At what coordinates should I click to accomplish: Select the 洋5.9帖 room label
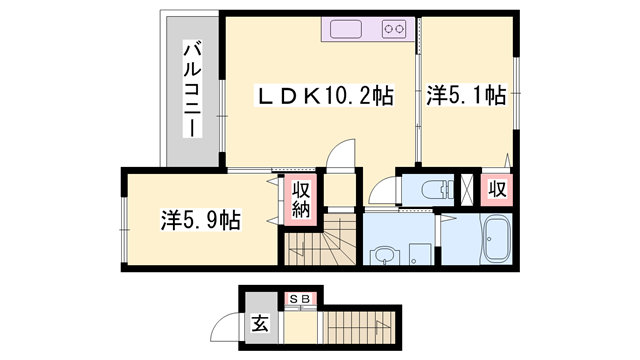(x=199, y=219)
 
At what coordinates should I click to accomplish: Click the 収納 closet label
(x=300, y=200)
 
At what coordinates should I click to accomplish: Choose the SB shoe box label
(x=299, y=297)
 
